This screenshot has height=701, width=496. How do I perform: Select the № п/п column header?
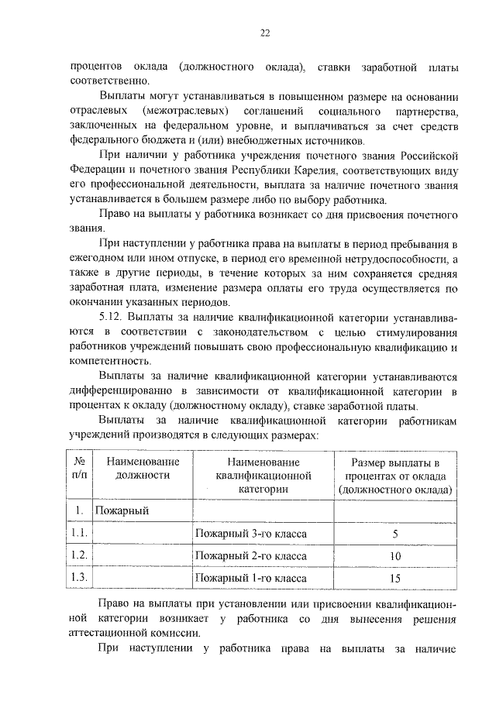pos(79,469)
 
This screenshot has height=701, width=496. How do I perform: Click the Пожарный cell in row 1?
pos(122,511)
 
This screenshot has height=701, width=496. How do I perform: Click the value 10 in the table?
pos(395,555)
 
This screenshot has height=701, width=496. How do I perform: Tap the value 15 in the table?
pos(395,577)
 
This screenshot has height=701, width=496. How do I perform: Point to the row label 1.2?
pos(79,555)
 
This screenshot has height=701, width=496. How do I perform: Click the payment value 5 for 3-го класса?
pos(395,534)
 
